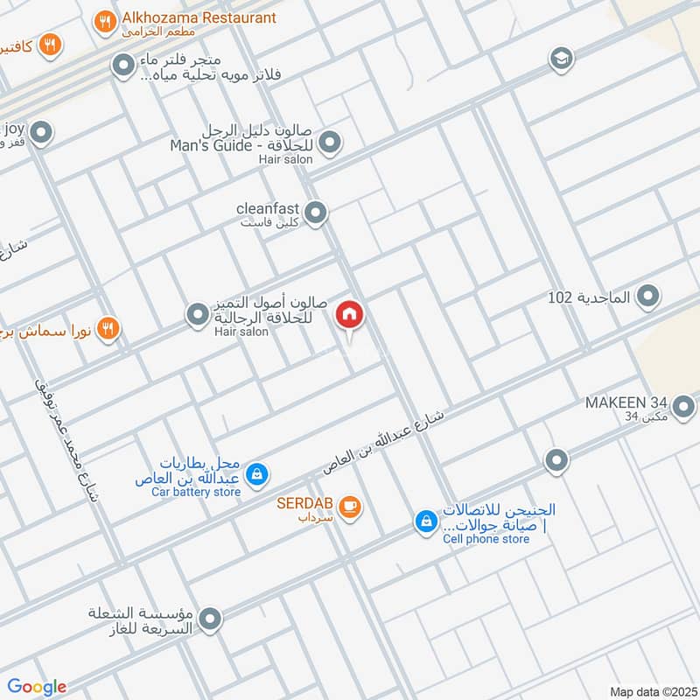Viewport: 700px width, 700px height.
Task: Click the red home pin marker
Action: click(350, 315)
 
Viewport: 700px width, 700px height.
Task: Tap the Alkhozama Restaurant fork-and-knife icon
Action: click(105, 23)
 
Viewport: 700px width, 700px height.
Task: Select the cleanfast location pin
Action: click(316, 212)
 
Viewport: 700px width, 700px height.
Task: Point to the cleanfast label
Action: click(268, 209)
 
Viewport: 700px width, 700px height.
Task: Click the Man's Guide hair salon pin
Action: click(329, 142)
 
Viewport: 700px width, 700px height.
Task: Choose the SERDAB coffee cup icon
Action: click(349, 506)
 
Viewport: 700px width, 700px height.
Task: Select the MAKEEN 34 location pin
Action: click(683, 404)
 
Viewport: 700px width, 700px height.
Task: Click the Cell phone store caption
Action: click(486, 539)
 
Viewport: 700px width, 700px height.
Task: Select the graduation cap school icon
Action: click(561, 59)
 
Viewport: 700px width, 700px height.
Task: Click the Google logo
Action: click(36, 687)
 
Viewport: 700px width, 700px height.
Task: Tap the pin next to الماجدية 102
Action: click(648, 297)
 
